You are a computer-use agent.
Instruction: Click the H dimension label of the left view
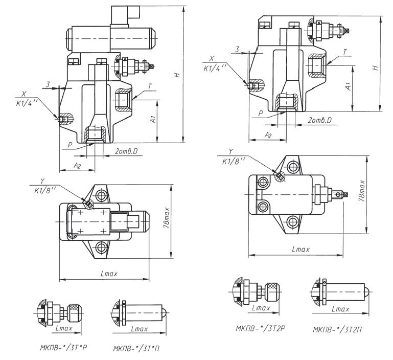(x=177, y=75)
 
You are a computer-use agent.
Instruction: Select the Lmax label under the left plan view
(x=106, y=274)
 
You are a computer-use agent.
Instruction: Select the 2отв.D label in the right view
(x=322, y=119)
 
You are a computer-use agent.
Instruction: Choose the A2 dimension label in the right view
(x=267, y=134)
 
